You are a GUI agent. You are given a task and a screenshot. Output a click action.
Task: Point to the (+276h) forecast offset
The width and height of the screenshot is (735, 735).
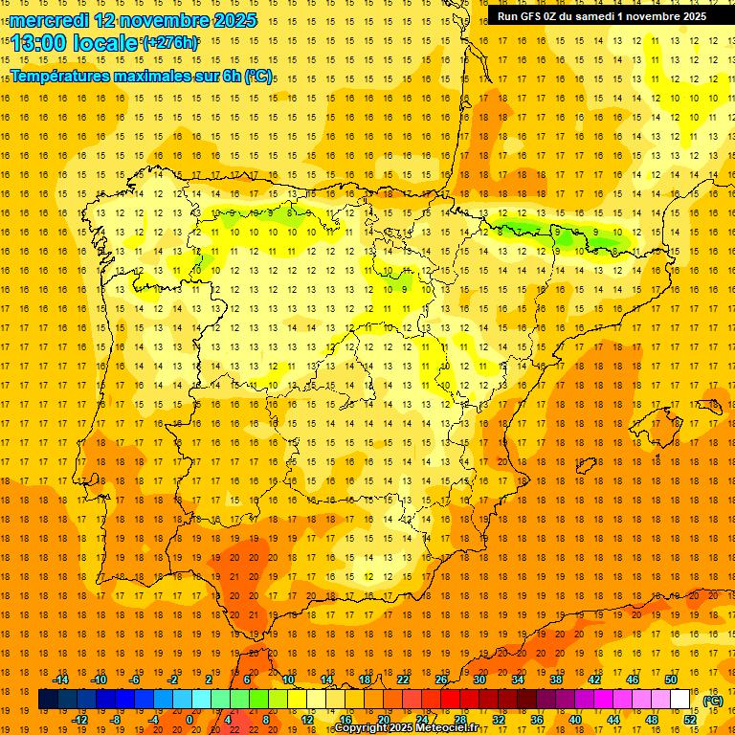169,43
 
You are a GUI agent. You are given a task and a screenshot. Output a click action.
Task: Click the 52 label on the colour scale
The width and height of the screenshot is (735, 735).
690,720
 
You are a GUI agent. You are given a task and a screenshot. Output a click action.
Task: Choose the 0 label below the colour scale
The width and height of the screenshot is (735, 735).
189,720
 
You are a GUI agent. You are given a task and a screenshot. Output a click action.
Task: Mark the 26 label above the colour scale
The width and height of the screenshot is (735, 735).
441,679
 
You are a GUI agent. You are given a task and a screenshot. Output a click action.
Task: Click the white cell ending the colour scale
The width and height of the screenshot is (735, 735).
680,700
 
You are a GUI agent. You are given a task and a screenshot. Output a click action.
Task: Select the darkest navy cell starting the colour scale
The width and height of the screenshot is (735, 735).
48,700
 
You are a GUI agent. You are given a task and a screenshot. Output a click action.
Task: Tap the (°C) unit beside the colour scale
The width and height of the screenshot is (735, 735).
713,700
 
